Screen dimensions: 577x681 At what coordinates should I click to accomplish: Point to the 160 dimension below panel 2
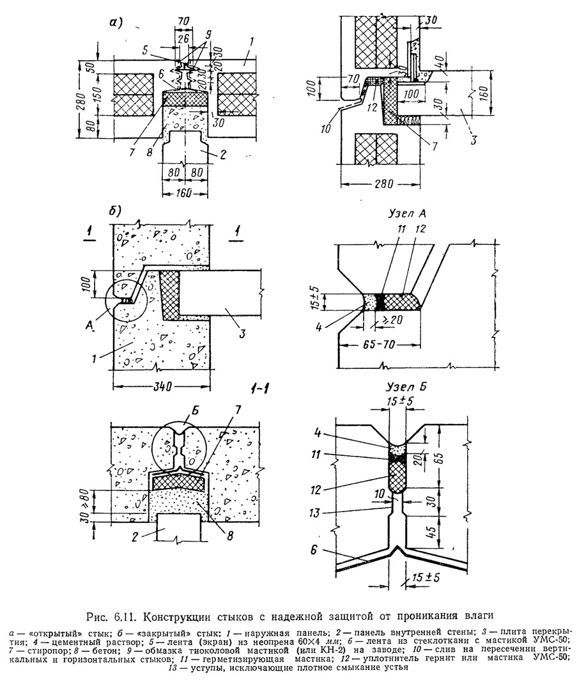coord(184,192)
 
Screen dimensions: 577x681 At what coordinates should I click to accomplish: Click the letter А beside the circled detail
coord(98,324)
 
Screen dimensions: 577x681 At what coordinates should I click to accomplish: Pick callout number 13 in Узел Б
coord(326,513)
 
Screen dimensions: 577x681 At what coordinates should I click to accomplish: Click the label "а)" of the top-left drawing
coord(115,24)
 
